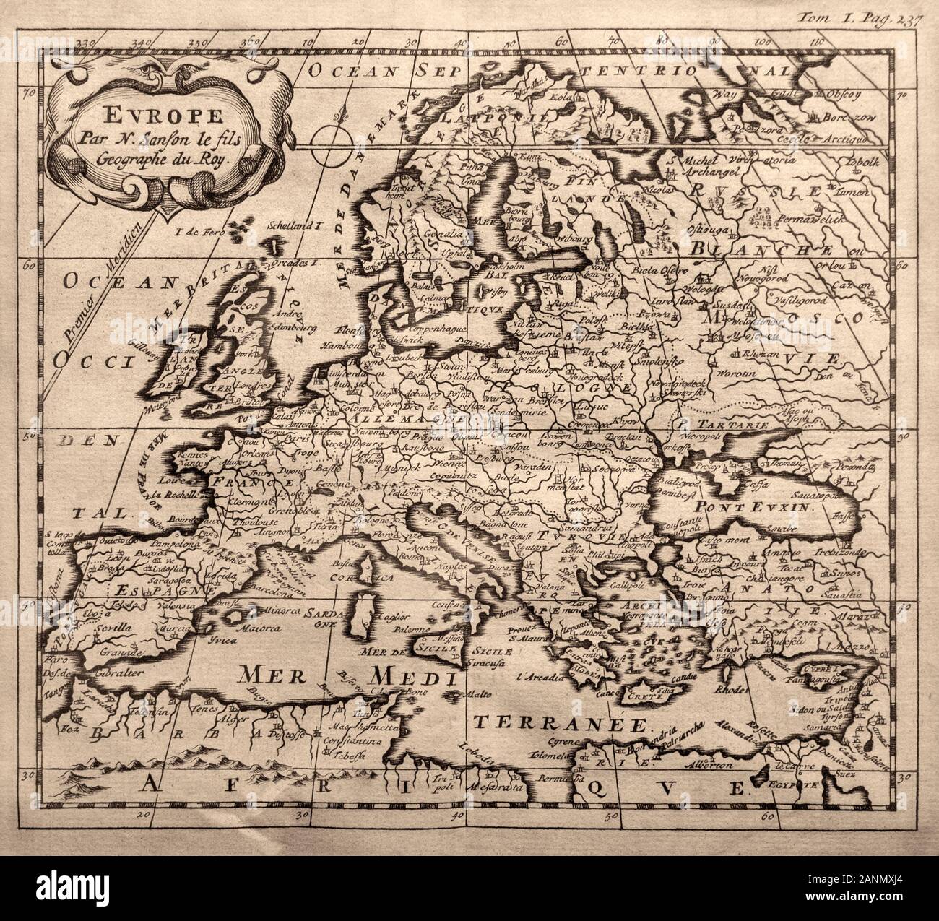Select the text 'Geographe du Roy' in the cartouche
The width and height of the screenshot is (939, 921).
point(157,160)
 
